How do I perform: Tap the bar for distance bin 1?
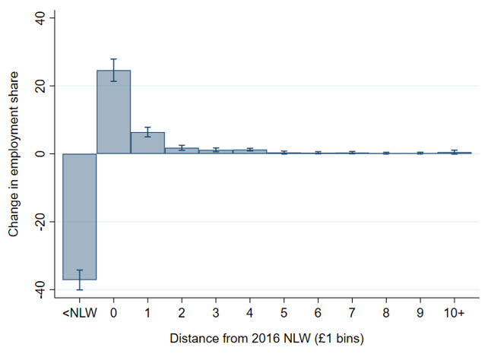pos(147,143)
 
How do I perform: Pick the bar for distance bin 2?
pos(182,150)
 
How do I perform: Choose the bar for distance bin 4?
pos(250,151)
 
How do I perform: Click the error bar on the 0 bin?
pos(113,70)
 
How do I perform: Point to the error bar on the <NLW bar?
pos(79,279)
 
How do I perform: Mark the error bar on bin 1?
pos(147,132)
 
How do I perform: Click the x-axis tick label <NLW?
pos(79,311)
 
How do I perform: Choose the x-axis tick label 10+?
pos(454,311)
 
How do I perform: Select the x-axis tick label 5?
pos(284,311)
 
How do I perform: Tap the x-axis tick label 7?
pos(352,311)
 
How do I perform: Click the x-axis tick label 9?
pos(420,311)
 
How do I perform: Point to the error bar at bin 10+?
pos(454,152)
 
